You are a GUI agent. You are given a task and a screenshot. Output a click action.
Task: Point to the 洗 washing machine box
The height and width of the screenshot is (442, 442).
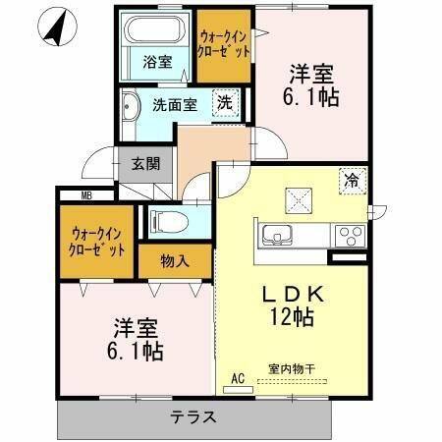coord(224,102)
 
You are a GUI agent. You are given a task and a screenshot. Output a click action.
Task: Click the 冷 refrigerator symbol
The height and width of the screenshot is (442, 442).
coord(351,180)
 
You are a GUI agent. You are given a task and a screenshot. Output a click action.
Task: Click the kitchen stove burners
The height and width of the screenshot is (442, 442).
coord(349,235)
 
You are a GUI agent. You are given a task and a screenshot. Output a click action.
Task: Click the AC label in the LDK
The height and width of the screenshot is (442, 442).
coord(237,377)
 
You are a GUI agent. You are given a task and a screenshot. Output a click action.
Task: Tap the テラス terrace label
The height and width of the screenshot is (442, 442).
coord(195,416)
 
